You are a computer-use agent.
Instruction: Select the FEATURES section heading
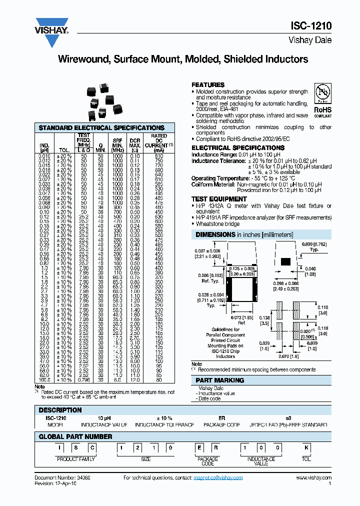[x=208, y=85]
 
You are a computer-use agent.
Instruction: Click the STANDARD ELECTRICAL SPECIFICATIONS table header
[x=101, y=128]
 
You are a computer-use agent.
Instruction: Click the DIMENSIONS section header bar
[x=261, y=234]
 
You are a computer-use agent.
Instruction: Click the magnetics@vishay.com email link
[x=217, y=478]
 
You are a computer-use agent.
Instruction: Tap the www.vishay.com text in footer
[x=313, y=478]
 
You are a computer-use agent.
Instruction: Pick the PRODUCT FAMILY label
[x=75, y=459]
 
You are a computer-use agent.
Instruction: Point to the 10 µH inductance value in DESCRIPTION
[x=103, y=417]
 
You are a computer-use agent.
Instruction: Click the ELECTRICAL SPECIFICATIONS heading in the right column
[x=238, y=148]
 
